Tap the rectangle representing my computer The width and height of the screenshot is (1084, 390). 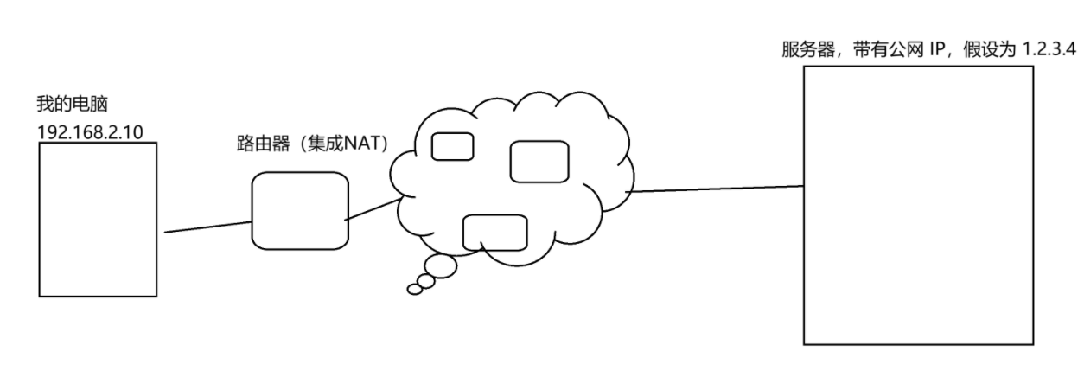(99, 220)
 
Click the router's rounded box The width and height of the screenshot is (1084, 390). (300, 210)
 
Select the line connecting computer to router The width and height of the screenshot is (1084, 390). (207, 227)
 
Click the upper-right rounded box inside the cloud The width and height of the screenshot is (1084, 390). (539, 162)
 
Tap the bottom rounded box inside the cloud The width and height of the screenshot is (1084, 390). (494, 232)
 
